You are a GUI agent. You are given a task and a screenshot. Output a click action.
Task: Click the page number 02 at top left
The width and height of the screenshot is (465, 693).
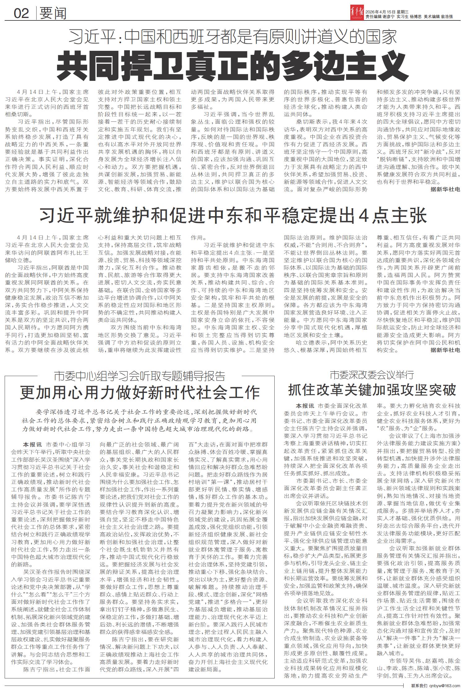[x=21, y=13]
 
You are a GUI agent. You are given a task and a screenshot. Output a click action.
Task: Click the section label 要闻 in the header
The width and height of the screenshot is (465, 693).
[x=53, y=13]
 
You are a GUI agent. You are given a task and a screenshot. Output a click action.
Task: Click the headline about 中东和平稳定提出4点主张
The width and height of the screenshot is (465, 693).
[x=233, y=215]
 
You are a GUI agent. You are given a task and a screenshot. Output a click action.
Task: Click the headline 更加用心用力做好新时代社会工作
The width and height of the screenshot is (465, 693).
[x=140, y=392]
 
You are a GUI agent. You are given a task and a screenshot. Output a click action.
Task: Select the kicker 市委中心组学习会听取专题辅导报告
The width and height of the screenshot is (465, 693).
[x=139, y=376]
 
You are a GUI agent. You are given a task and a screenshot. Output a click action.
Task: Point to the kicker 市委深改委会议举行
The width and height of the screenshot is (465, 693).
[x=372, y=375]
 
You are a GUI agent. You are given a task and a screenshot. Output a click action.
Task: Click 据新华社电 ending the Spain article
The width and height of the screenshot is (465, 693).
[x=445, y=189]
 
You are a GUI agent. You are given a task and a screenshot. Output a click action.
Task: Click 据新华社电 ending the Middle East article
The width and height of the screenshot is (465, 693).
[x=445, y=350]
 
